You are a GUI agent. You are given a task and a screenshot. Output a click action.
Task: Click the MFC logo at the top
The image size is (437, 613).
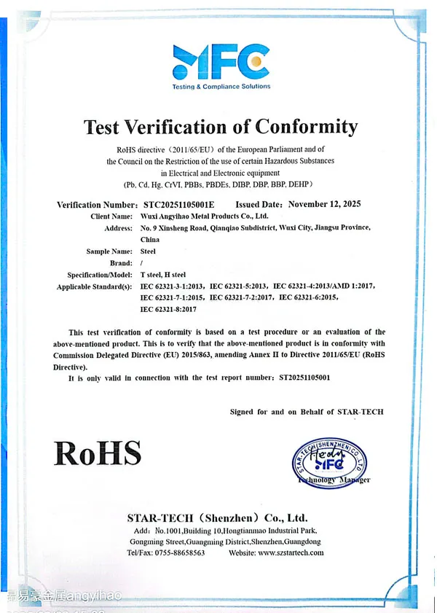coord(221,61)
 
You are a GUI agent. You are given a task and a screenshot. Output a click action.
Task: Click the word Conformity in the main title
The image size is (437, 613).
coord(306,127)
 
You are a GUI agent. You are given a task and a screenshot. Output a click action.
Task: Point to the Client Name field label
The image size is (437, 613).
coord(111,216)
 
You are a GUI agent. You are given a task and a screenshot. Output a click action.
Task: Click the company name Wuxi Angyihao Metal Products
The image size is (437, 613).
coord(204,216)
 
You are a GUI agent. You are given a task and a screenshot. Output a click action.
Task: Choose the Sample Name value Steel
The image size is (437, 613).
coord(148,251)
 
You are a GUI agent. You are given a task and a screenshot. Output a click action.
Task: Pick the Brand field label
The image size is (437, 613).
coord(120,263)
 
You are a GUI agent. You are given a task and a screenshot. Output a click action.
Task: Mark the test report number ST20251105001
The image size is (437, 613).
coord(304,378)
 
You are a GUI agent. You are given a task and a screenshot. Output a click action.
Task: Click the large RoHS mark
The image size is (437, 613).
coord(98,453)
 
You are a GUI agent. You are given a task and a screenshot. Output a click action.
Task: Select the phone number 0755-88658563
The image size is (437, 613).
coord(178,553)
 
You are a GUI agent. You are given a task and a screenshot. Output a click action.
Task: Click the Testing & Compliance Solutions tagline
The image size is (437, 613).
coord(221,86)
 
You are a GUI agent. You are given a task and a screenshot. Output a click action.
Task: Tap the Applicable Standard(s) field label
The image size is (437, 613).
coord(95,286)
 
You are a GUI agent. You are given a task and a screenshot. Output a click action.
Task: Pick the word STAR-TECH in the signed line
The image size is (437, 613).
coord(360,412)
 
